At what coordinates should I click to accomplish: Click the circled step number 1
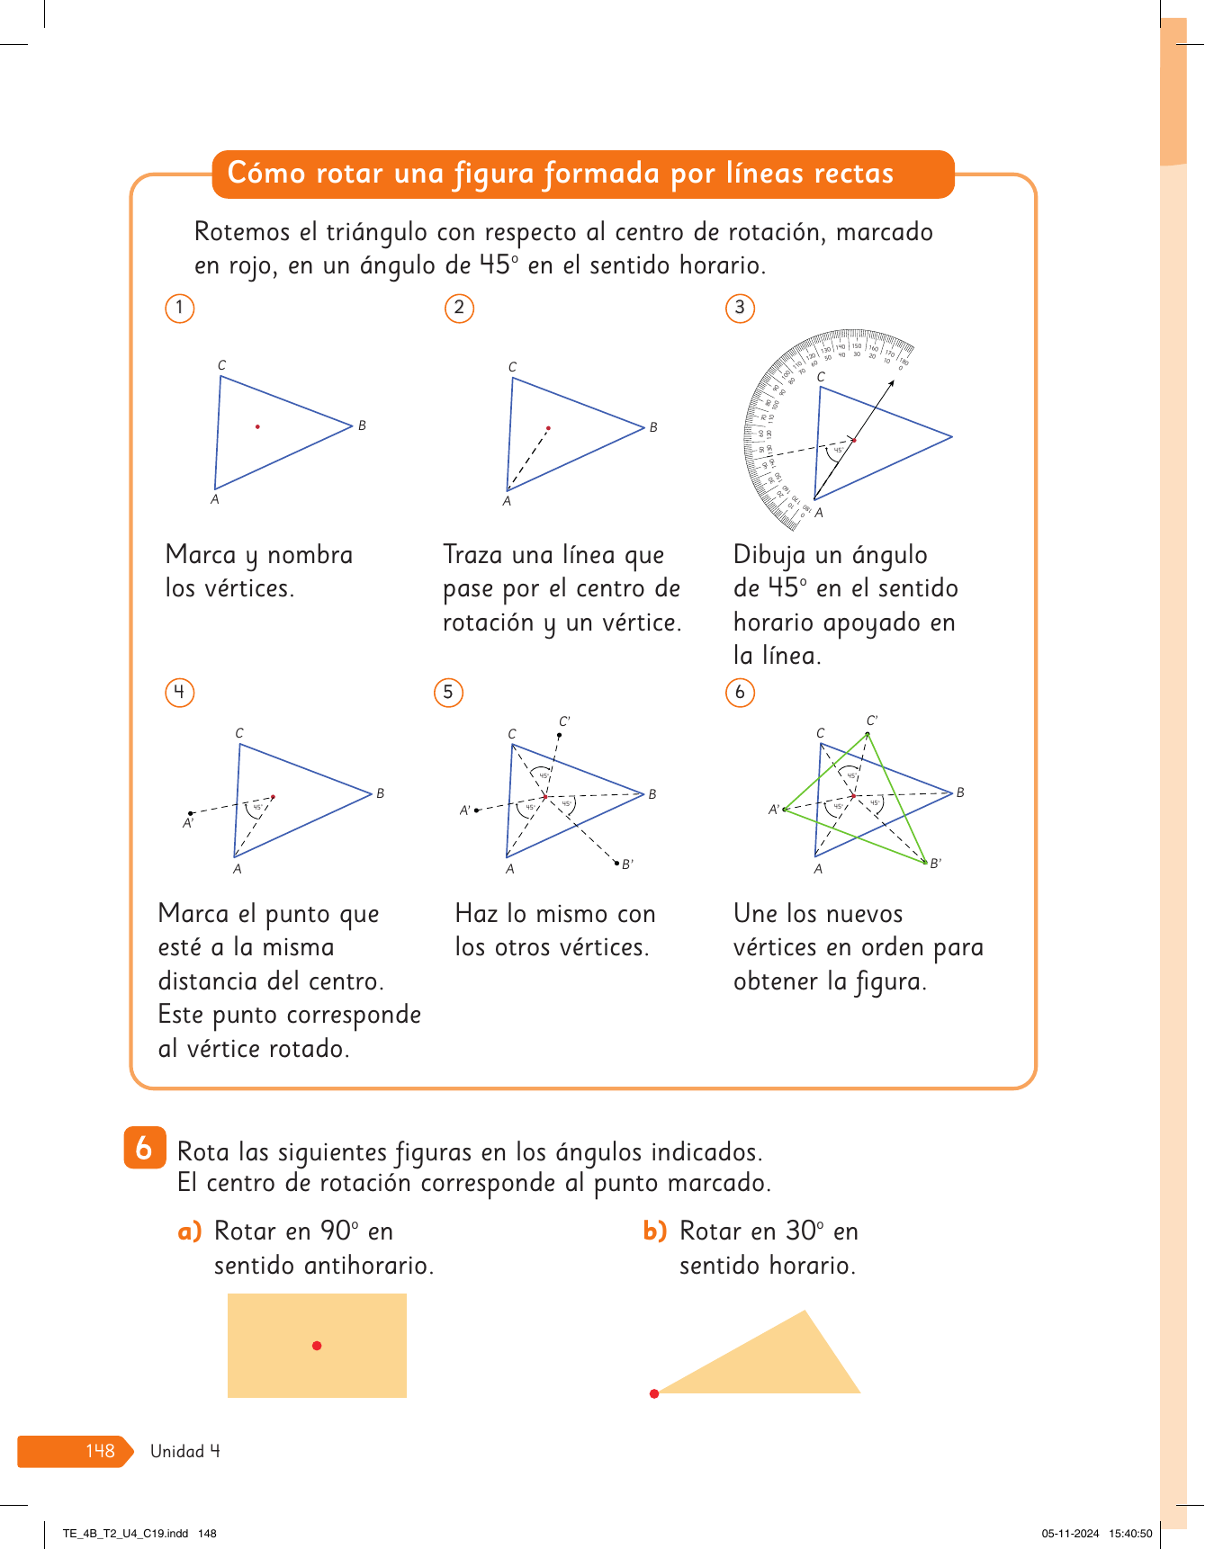coord(180,309)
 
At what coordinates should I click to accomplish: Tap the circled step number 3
coord(740,309)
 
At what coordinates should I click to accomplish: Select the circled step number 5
coord(448,693)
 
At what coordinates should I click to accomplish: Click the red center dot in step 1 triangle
coord(257,426)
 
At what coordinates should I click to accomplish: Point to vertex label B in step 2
coord(653,427)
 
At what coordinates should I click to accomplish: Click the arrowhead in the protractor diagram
coord(892,383)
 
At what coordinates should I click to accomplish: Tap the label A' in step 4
coord(188,823)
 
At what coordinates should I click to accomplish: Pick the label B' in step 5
coord(627,864)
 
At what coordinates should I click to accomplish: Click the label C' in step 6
coord(872,721)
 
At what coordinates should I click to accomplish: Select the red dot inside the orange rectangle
coord(317,1346)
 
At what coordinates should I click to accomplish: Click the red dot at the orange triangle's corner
coord(654,1393)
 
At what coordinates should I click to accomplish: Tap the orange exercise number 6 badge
coord(145,1148)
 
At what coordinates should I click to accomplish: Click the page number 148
coord(100,1451)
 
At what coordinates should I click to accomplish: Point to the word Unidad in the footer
coord(177,1451)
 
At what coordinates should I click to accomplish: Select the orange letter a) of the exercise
coord(190,1231)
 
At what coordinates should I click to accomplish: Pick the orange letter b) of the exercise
coord(655,1231)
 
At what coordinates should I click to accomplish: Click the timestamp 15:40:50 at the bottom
coord(1130,1534)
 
